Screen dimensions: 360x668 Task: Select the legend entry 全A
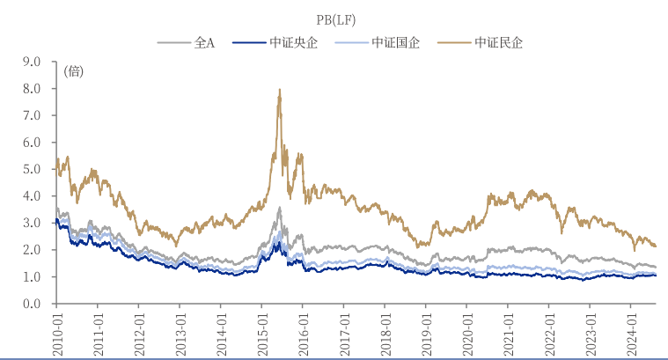[204, 41]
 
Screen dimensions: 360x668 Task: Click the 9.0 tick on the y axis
[33, 62]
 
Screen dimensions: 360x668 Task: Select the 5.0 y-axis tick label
[33, 169]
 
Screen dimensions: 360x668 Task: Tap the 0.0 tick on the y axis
[33, 304]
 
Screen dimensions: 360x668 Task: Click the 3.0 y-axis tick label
[33, 223]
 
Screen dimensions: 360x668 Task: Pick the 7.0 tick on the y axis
[33, 115]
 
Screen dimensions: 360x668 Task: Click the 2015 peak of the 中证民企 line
[279, 90]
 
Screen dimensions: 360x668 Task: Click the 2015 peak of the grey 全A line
[279, 208]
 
